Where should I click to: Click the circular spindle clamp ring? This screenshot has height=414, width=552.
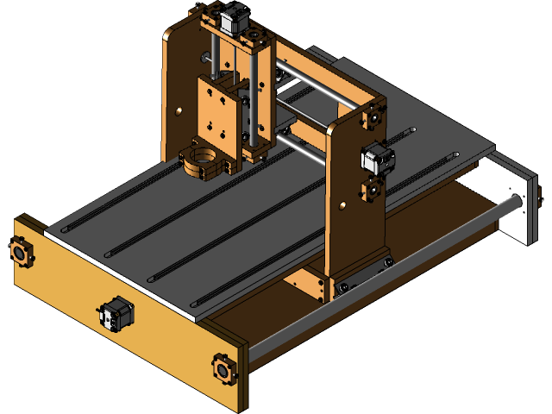pyautogui.click(x=204, y=161)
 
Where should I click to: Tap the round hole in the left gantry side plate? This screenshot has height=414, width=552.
pyautogui.click(x=178, y=112)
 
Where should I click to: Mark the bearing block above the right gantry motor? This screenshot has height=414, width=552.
pyautogui.click(x=375, y=116)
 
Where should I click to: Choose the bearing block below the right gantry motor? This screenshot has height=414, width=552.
pyautogui.click(x=372, y=188)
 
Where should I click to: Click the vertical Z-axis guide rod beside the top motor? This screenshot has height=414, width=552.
pyautogui.click(x=254, y=86)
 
